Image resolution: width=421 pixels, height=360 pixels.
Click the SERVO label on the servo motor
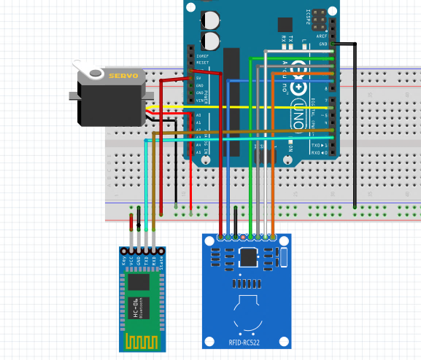tap(123, 76)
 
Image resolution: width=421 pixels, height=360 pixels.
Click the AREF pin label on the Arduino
tap(322, 36)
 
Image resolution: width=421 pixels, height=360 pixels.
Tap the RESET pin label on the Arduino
tap(201, 63)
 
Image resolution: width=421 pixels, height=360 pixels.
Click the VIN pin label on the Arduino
tap(199, 101)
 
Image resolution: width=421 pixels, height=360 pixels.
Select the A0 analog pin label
tap(199, 115)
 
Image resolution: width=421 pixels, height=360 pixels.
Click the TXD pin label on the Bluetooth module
tap(146, 259)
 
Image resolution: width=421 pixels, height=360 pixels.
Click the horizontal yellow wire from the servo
tap(241, 108)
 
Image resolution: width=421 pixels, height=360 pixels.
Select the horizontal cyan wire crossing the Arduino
tap(241, 137)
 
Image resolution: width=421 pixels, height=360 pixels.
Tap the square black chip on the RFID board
tap(249, 257)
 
